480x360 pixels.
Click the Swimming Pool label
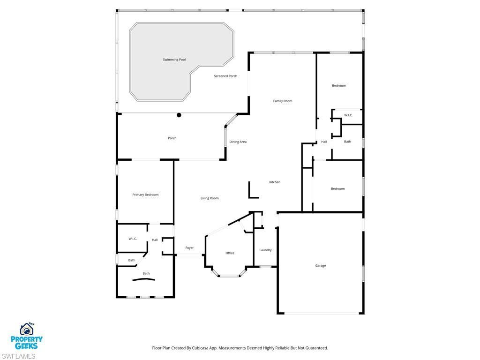pyautogui.click(x=174, y=60)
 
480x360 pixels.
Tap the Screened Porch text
pyautogui.click(x=225, y=76)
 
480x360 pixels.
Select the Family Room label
pyautogui.click(x=283, y=101)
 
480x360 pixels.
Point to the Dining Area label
pyautogui.click(x=238, y=142)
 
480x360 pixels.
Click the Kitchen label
pyautogui.click(x=275, y=182)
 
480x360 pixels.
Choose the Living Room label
pyautogui.click(x=210, y=198)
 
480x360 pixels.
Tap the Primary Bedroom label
pyautogui.click(x=145, y=195)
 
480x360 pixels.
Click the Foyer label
pyautogui.click(x=189, y=247)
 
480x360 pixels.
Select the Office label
pyautogui.click(x=230, y=253)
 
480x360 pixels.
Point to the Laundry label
pyautogui.click(x=265, y=250)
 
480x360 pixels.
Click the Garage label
pyautogui.click(x=320, y=266)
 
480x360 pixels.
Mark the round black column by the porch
pyautogui.click(x=179, y=115)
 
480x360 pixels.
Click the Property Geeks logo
pyautogui.click(x=27, y=336)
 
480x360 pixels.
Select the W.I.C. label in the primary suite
pyautogui.click(x=133, y=239)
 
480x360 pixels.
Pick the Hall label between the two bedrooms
pyautogui.click(x=324, y=142)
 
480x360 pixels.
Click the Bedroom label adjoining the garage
pyautogui.click(x=337, y=188)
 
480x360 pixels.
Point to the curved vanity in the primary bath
pyautogui.click(x=143, y=279)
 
